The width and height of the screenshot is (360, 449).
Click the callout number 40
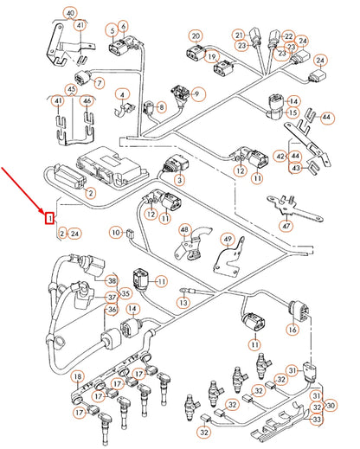pos(71,12)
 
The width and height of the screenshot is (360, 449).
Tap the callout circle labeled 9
pos(198,93)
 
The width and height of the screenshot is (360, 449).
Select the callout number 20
pos(196,36)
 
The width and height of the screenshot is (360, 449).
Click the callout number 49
pos(228,239)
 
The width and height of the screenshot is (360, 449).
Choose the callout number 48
pos(184,229)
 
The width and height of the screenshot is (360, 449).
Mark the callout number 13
pos(183,303)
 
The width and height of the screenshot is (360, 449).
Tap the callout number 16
pos(292,330)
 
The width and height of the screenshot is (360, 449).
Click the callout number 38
pos(112,281)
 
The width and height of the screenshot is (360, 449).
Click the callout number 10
pos(115,233)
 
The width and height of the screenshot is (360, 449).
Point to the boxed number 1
pos(50,217)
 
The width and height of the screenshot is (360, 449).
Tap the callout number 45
pos(72,88)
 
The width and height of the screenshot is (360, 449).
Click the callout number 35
pos(125,294)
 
